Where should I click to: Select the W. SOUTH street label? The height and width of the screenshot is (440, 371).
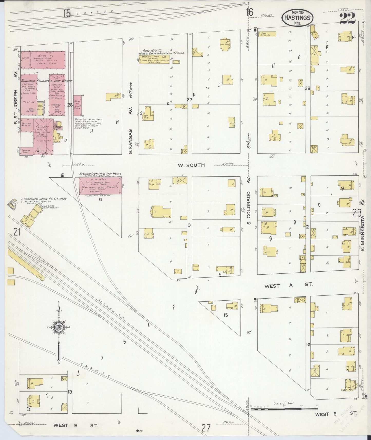coord(191,165)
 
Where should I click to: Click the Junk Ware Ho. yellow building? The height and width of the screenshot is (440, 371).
coord(267,34)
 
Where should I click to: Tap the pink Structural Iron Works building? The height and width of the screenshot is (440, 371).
coord(100,186)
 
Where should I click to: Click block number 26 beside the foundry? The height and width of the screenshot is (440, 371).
coord(70,105)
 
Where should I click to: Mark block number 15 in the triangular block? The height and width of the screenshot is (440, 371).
coord(226,315)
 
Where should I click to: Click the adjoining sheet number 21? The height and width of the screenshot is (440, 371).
coord(17,233)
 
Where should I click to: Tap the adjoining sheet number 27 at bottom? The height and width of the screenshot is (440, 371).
coord(206,428)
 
